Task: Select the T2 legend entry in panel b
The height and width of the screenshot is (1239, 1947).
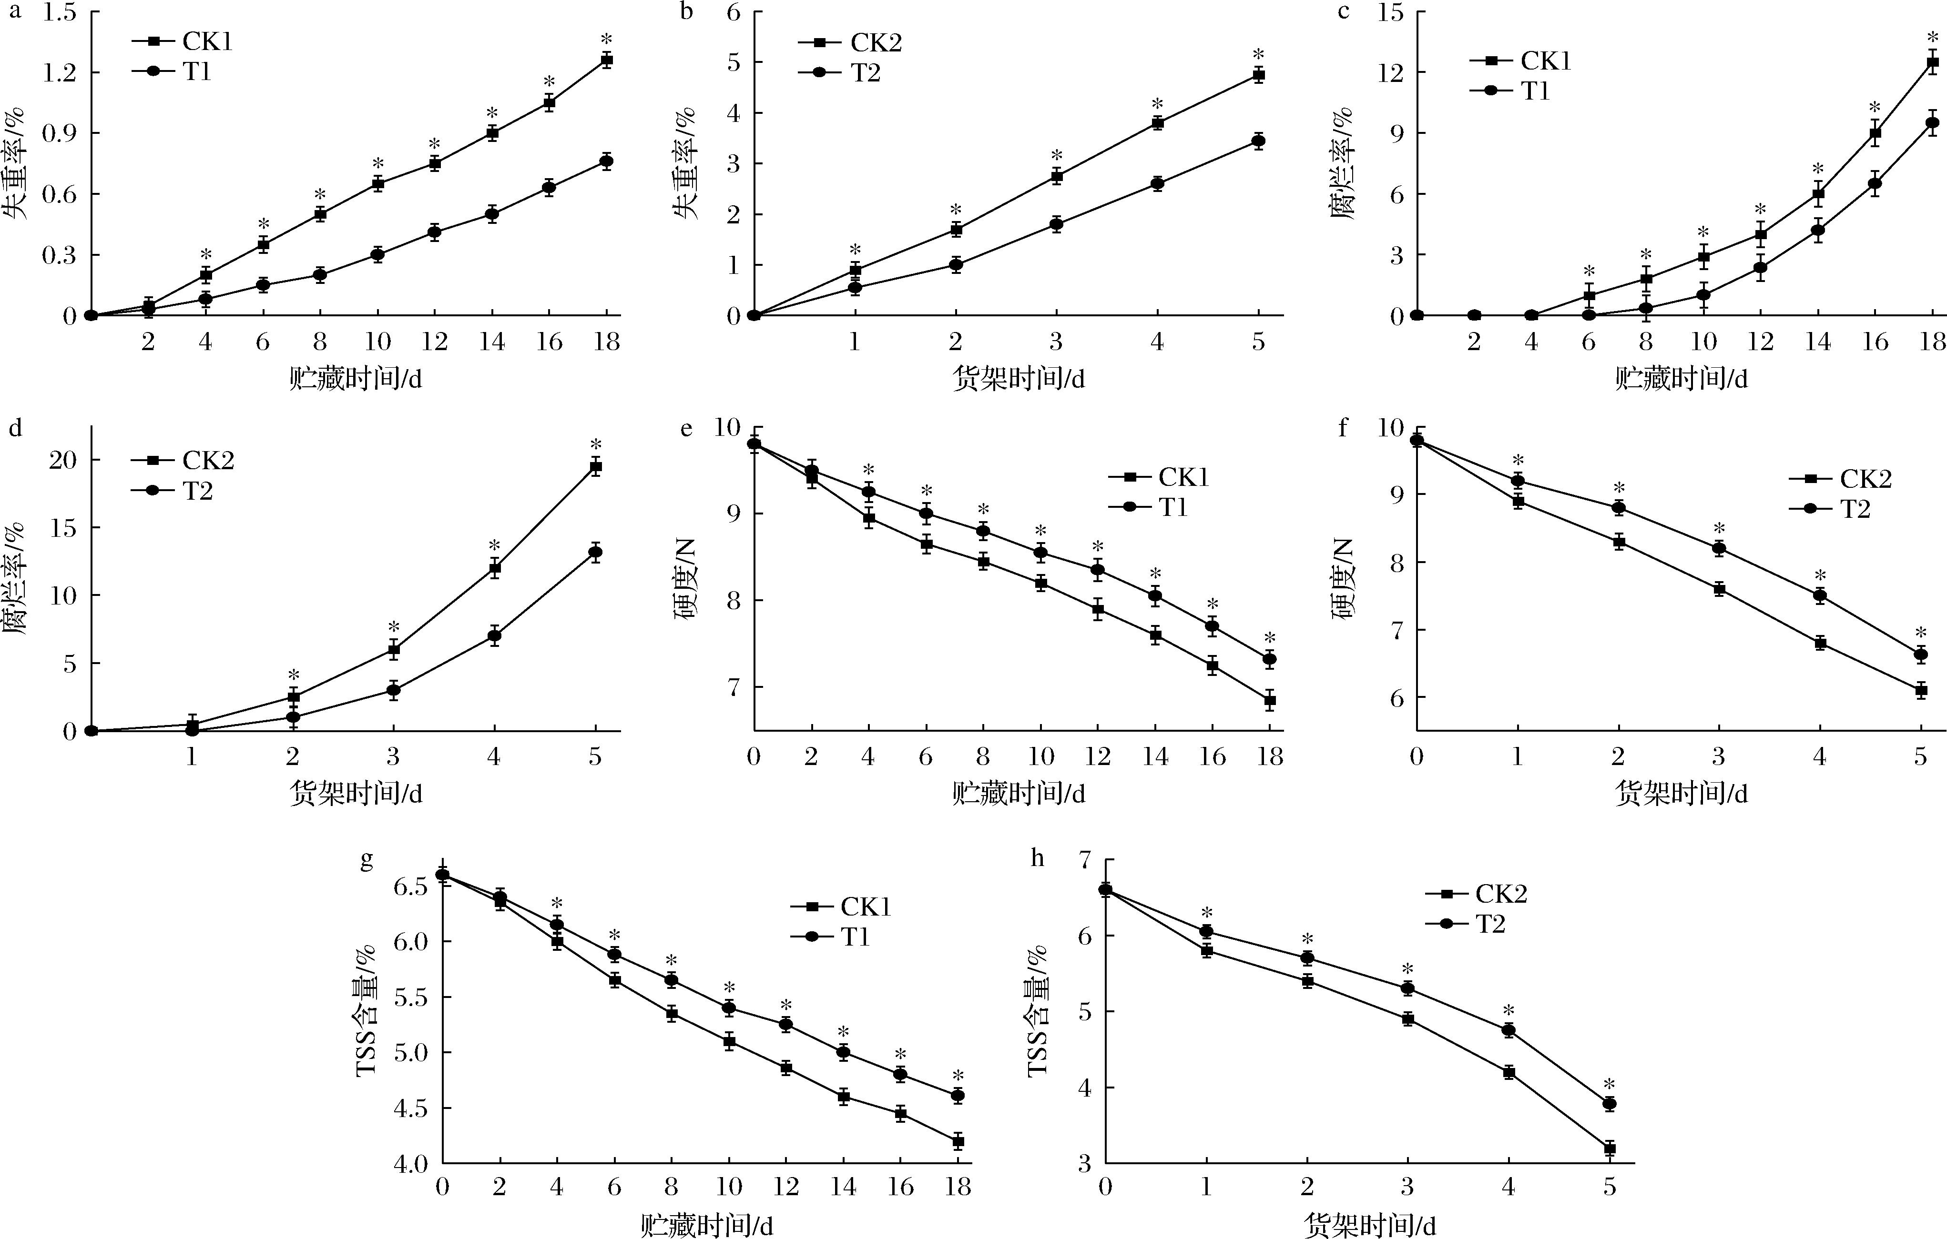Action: coord(841,73)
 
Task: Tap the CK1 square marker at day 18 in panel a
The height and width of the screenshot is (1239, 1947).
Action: coord(606,60)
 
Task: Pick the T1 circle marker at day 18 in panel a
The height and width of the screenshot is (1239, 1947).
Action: coord(606,161)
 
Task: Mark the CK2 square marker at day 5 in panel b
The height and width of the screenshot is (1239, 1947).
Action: coord(1258,75)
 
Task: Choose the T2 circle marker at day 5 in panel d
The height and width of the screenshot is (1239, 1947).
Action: coord(596,553)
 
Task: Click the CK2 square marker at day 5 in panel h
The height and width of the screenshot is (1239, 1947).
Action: coord(1609,1148)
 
